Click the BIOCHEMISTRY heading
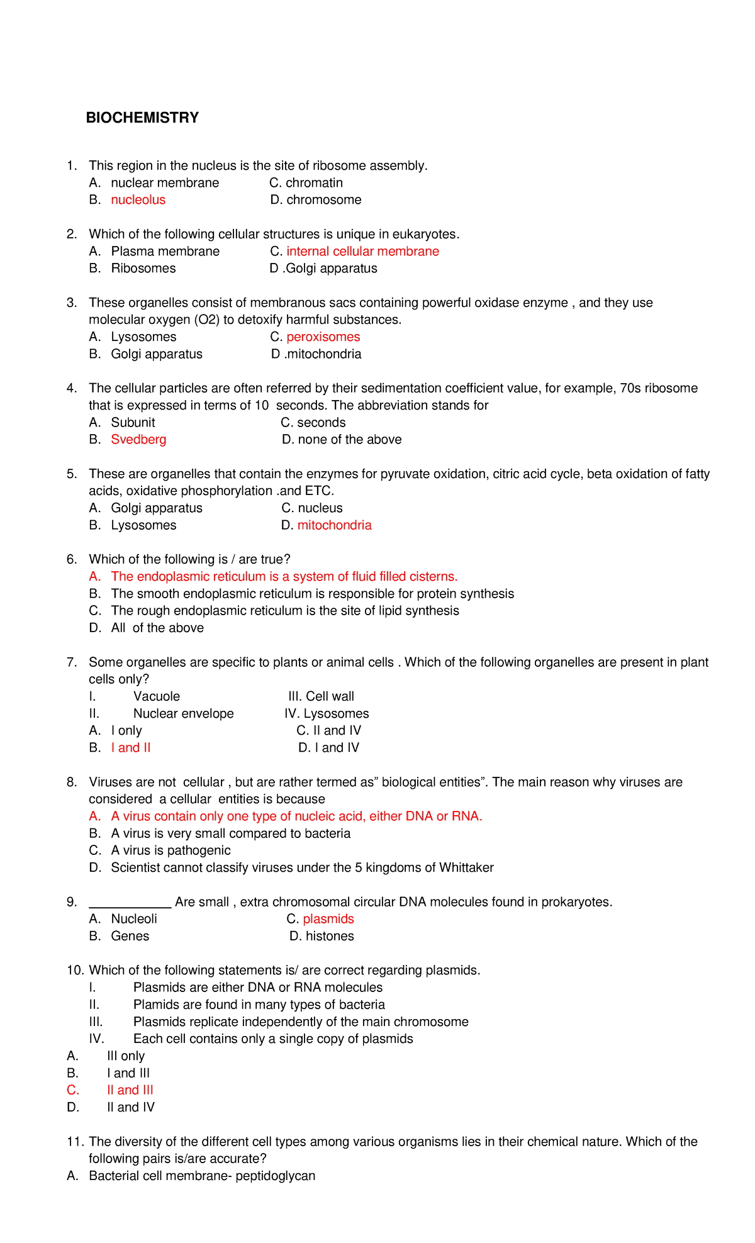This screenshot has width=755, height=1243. click(142, 118)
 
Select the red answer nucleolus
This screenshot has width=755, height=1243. click(138, 200)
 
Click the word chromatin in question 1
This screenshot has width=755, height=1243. click(314, 183)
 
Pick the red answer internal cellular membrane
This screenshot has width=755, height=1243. click(362, 252)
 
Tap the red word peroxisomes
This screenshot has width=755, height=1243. click(323, 337)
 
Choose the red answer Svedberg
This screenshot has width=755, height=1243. click(138, 440)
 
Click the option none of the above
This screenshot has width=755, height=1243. click(349, 440)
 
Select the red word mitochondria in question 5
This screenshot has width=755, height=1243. click(334, 525)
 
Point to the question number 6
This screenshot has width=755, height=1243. click(71, 560)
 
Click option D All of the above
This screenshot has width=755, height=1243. click(157, 628)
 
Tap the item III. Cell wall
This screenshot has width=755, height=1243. click(321, 696)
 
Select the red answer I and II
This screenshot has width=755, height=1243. click(131, 748)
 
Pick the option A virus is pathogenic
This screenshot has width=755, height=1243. click(171, 851)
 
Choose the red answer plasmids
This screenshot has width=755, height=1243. click(328, 919)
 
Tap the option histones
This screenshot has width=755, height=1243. click(330, 937)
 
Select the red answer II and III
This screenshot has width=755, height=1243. click(130, 1091)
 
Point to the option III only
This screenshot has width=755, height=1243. click(126, 1056)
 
